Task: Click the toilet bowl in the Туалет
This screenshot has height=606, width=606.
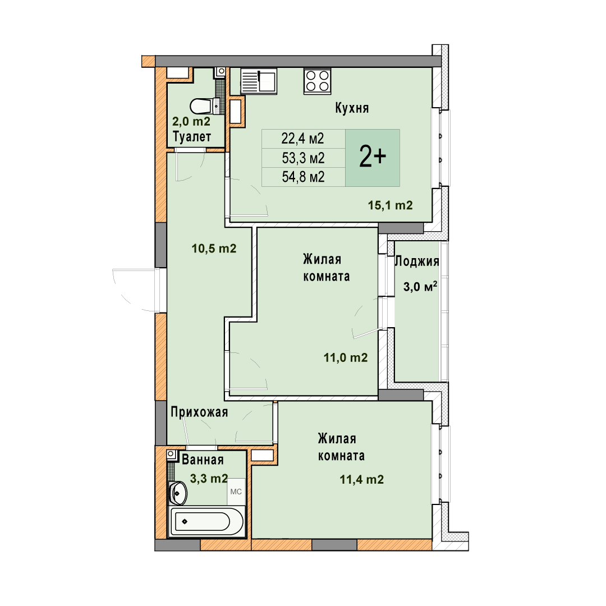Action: click(205, 106)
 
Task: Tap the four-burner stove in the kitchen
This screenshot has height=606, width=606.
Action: click(317, 81)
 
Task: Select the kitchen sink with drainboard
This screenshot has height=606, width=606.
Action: click(259, 81)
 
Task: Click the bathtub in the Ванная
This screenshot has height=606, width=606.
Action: click(206, 521)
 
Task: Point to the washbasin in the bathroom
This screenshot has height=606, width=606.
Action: click(178, 493)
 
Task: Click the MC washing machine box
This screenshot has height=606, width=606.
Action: click(236, 492)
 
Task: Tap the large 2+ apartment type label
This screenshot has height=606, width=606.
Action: click(373, 157)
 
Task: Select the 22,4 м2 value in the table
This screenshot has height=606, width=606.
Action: click(302, 139)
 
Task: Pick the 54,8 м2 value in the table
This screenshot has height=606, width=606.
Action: click(303, 177)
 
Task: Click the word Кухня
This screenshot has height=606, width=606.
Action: click(352, 108)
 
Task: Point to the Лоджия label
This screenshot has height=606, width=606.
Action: click(416, 261)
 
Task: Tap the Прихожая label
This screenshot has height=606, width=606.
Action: click(199, 412)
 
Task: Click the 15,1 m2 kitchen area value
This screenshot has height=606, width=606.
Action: click(391, 205)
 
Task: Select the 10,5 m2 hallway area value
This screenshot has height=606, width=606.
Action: click(214, 248)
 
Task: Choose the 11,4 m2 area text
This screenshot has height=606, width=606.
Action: click(362, 480)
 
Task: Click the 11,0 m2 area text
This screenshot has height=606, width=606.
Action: click(346, 357)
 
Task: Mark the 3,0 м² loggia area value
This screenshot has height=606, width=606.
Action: click(420, 286)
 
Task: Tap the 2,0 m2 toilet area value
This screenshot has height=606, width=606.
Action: click(191, 121)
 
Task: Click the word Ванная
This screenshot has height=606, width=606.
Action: click(203, 460)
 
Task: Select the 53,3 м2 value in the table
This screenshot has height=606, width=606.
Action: click(303, 158)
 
